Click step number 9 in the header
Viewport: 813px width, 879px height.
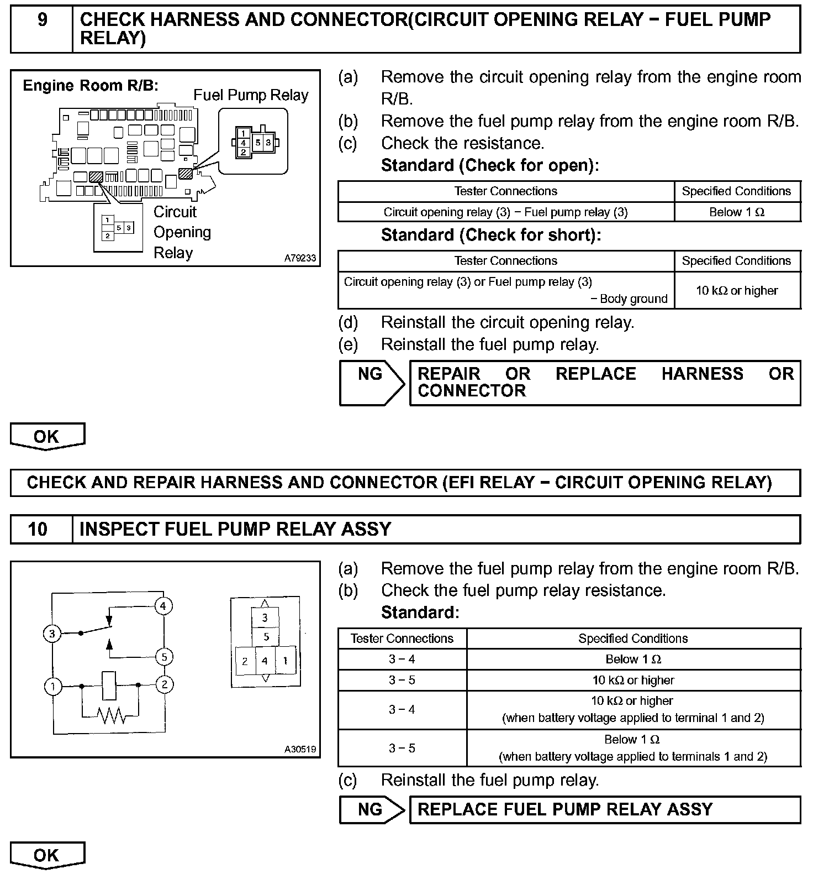coord(42,20)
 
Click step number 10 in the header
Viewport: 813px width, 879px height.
coord(38,529)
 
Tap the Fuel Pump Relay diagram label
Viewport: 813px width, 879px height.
coord(250,95)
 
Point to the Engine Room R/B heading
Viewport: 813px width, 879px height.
coord(91,86)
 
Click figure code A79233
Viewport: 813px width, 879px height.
coord(300,258)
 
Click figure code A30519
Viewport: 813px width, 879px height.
coord(300,749)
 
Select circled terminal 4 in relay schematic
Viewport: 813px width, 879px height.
coord(163,606)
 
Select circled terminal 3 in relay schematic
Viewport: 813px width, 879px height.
coord(52,634)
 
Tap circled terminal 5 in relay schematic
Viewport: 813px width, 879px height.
coord(164,657)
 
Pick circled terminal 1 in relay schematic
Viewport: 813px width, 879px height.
coord(52,687)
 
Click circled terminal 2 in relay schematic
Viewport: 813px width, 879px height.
coord(164,684)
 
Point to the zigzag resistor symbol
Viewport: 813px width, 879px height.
coord(110,716)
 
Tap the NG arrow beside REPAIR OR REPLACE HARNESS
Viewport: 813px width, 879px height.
coord(371,383)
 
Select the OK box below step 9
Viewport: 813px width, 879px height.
coord(47,436)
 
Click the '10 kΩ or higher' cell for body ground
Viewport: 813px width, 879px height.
coord(737,290)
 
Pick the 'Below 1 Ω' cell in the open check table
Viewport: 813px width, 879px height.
coord(737,212)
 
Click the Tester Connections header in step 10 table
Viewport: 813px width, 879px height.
coord(402,639)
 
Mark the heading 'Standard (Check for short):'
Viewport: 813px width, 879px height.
coord(490,235)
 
